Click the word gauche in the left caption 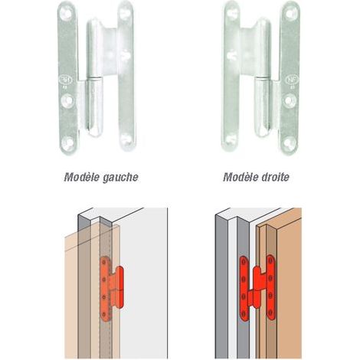[x=120, y=178]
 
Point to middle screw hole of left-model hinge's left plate [x=68, y=100]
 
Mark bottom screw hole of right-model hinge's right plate [x=290, y=142]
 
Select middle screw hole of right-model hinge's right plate [x=290, y=100]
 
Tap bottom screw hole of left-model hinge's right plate [x=126, y=140]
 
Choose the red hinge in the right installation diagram [x=257, y=288]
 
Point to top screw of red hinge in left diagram [x=104, y=262]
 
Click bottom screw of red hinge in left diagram [x=103, y=315]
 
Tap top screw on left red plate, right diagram [x=244, y=261]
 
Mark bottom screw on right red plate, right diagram [x=270, y=313]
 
